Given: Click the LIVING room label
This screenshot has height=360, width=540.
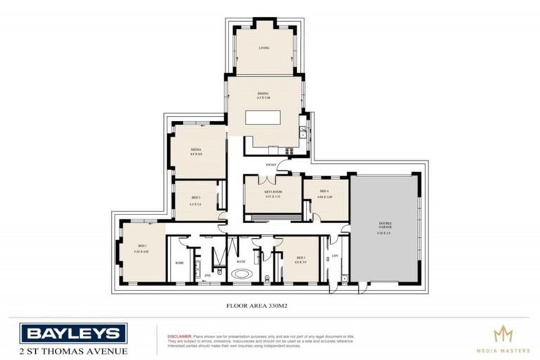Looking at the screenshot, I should pyautogui.click(x=264, y=48).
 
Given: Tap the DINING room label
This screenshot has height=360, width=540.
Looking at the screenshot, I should pyautogui.click(x=263, y=95).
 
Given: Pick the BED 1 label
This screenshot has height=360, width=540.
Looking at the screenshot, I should pyautogui.click(x=143, y=247).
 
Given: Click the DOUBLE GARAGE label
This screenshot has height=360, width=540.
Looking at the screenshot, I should pyautogui.click(x=385, y=226).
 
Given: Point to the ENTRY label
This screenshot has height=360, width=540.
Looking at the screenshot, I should pyautogui.click(x=271, y=165).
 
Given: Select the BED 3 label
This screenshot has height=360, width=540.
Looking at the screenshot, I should pyautogui.click(x=301, y=259).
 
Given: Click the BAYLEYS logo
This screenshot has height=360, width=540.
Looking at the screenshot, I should pyautogui.click(x=73, y=333).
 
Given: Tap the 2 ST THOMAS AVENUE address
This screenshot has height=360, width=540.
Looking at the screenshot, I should pyautogui.click(x=73, y=351).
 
